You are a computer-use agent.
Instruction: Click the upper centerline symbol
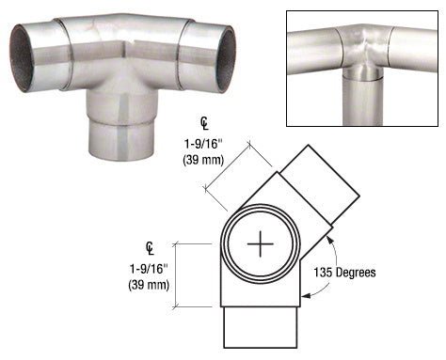click(203, 123)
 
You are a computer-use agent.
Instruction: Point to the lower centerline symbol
click(150, 248)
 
